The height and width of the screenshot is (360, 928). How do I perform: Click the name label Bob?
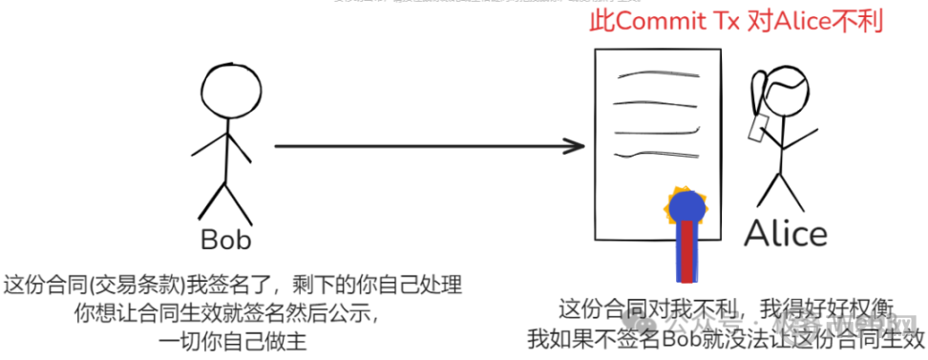pyautogui.click(x=225, y=237)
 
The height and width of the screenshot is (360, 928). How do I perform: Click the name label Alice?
pyautogui.click(x=785, y=234)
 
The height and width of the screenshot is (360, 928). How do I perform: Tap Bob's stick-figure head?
pyautogui.click(x=225, y=91)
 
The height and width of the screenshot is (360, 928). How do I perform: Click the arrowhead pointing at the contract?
pyautogui.click(x=575, y=146)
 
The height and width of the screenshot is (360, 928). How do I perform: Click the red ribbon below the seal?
pyautogui.click(x=687, y=252)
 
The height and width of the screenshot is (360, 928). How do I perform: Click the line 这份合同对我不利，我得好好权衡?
pyautogui.click(x=728, y=309)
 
